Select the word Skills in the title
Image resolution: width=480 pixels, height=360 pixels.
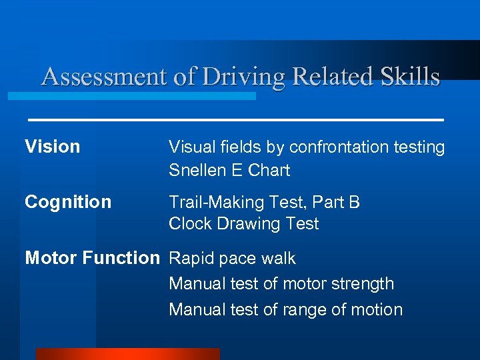410,77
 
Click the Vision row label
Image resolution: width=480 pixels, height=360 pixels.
52,147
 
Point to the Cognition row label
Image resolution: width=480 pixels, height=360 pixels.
68,202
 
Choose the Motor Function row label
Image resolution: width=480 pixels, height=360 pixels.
92,258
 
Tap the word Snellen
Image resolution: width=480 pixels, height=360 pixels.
197,170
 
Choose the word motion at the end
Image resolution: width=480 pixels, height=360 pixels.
377,310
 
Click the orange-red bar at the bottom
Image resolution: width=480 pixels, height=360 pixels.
127,354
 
